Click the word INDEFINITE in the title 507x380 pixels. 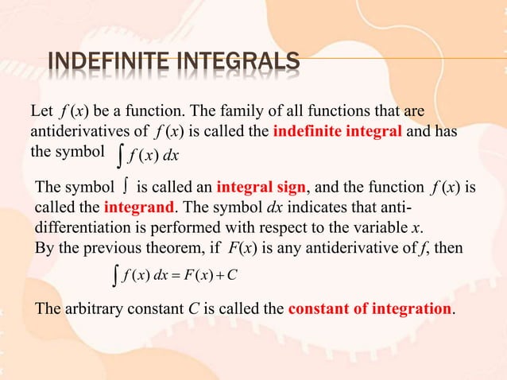105,62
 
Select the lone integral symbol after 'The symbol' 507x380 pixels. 126,188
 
